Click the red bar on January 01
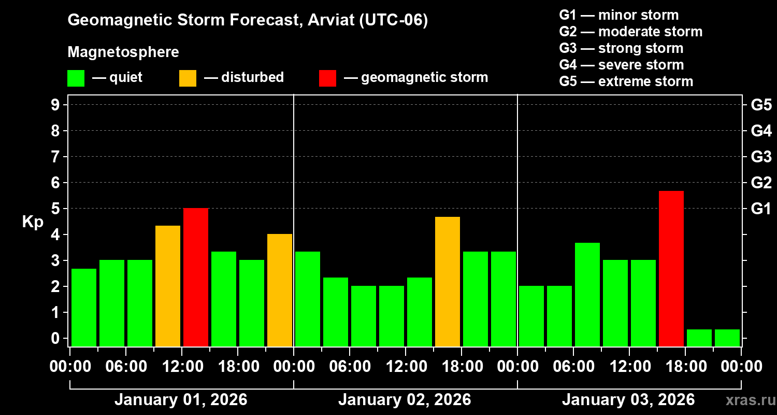coord(196,277)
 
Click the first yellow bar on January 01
coord(168,286)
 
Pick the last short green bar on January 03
coord(727,338)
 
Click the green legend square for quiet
coord(76,78)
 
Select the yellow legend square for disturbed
coord(188,78)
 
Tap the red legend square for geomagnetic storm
coord(328,78)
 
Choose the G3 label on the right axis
coord(761,157)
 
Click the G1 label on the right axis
coord(761,209)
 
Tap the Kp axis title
coord(33,222)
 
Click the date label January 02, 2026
coord(405,400)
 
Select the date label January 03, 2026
coord(628,400)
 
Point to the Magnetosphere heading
coord(123,52)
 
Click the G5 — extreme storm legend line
coord(626,81)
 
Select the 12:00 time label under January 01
coord(182,366)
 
